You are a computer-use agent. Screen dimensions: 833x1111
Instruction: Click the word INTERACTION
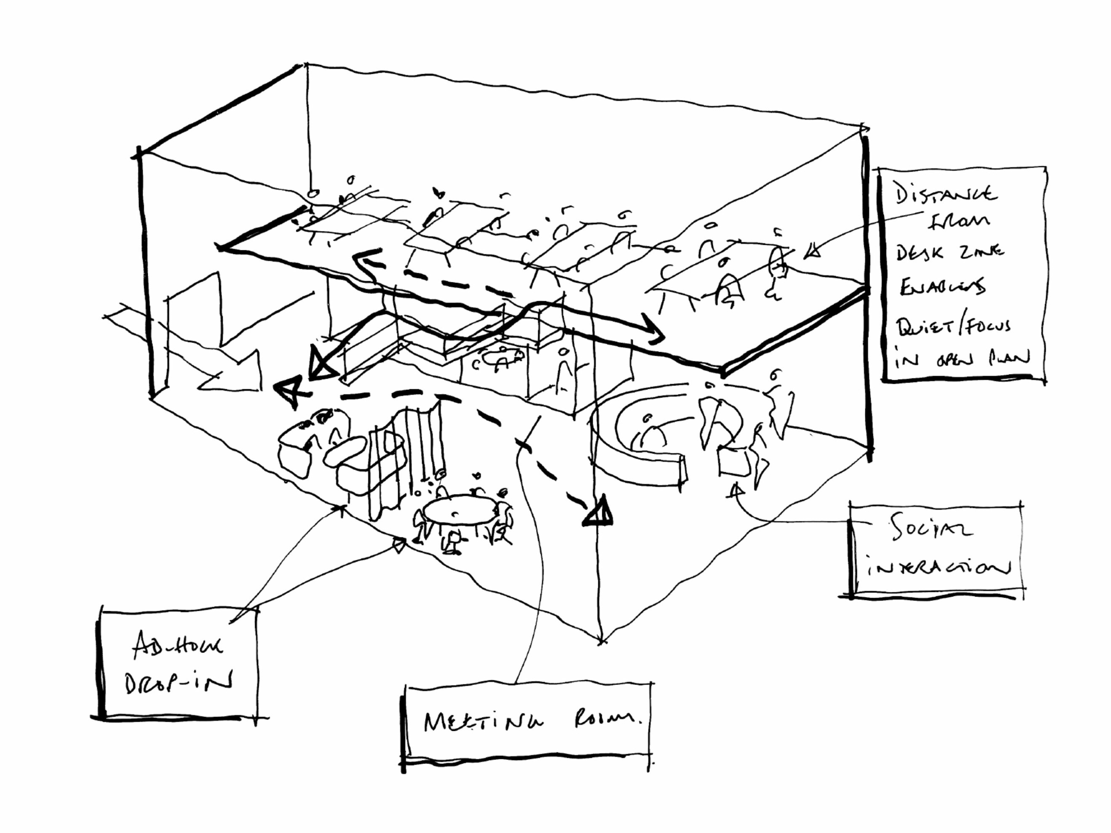937,568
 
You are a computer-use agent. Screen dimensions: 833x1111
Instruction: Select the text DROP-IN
178,683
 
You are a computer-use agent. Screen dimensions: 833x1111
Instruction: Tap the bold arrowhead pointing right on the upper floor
656,332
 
